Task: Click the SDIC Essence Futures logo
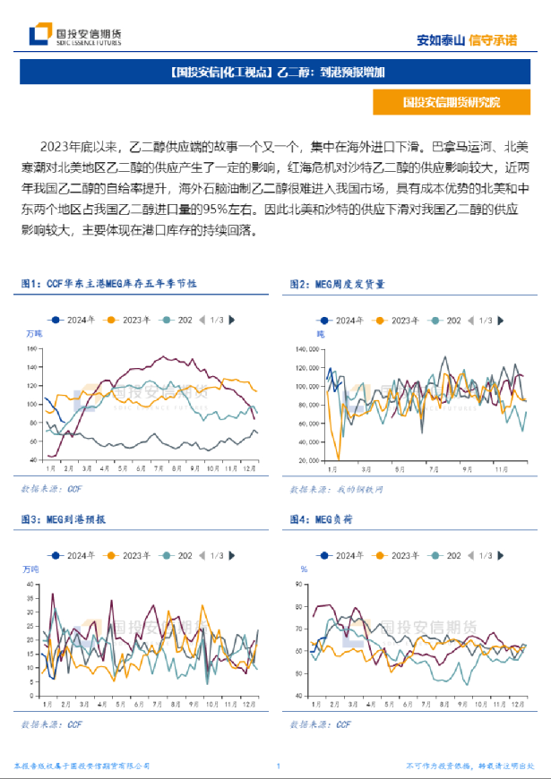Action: (75, 35)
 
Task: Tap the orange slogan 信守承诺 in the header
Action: (494, 39)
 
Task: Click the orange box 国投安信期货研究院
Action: (451, 102)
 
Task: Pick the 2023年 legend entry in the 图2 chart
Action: (398, 320)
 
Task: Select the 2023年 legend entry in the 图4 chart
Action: (398, 556)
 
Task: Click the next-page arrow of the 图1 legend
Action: (232, 320)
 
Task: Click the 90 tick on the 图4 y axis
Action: (302, 585)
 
